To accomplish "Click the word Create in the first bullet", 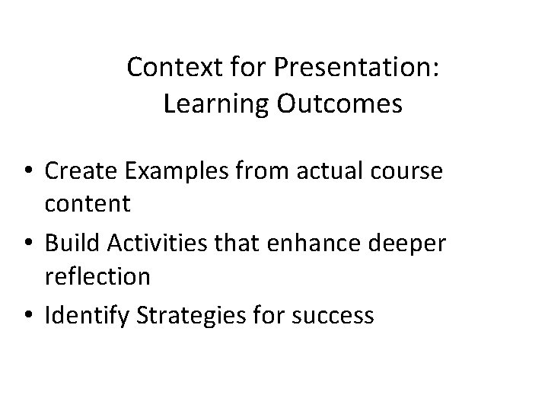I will pyautogui.click(x=79, y=172).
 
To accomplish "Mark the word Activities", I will pyautogui.click(x=157, y=244).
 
